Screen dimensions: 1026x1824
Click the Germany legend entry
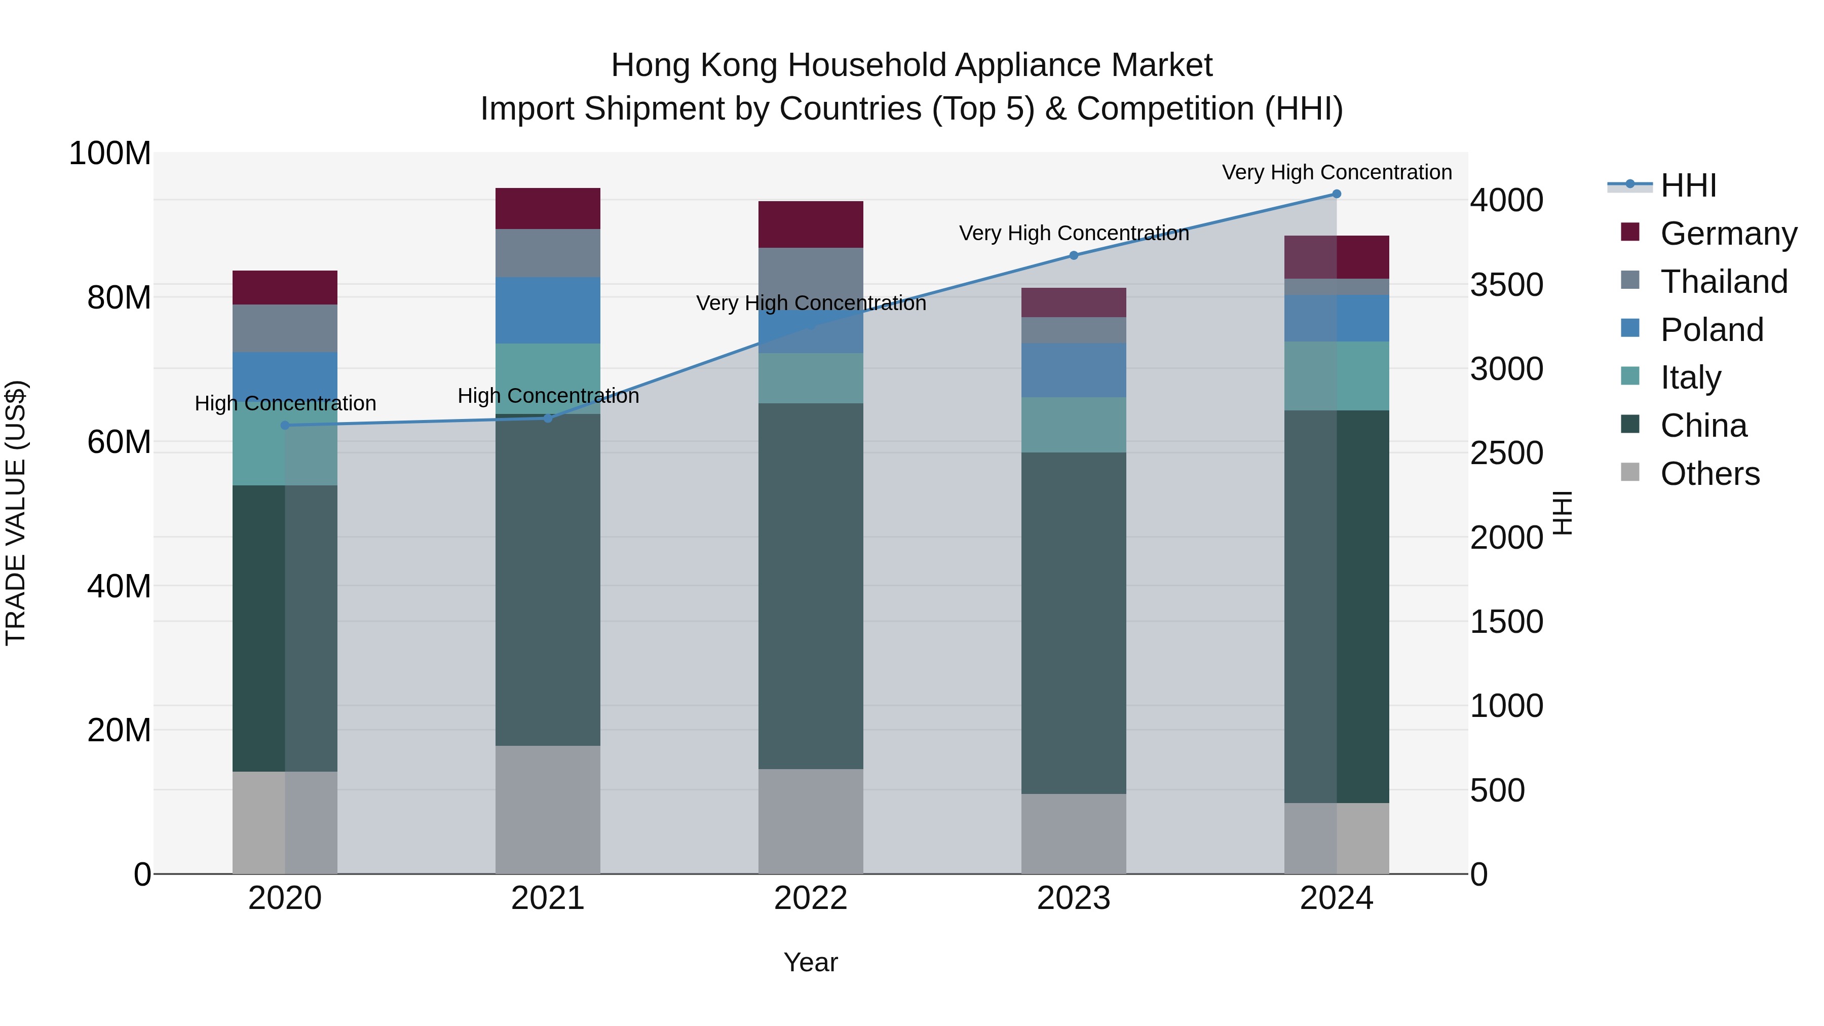coord(1728,234)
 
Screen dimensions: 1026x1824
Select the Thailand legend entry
coord(1724,282)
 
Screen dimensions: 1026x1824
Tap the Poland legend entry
coord(1712,330)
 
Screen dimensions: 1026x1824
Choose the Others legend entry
coord(1709,474)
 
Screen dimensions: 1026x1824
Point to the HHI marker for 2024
coord(1336,194)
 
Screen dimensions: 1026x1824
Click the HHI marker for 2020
coord(285,426)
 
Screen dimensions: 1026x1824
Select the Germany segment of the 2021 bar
coord(547,208)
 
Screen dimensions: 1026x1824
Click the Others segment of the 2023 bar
coord(1074,833)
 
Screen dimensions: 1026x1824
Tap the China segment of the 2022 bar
coord(811,586)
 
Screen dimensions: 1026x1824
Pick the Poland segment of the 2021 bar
coord(547,310)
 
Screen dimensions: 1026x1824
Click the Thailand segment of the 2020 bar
coord(285,328)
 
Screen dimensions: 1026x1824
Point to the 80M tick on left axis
coord(119,298)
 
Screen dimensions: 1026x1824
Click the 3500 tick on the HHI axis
coord(1506,285)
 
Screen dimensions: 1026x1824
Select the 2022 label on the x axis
coord(811,898)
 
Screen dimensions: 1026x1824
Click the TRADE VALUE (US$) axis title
coord(16,513)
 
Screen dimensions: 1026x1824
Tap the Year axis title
coord(811,962)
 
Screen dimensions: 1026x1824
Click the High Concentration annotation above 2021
coord(548,396)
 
